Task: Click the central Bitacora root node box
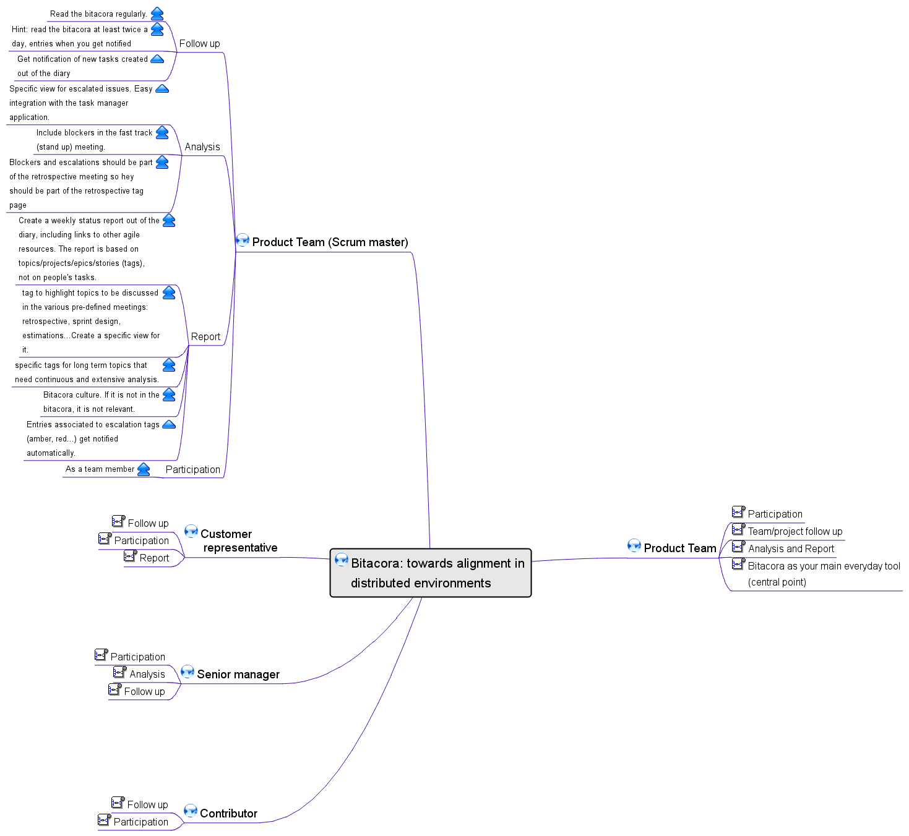point(431,573)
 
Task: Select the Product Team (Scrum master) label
point(330,242)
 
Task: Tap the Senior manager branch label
point(238,674)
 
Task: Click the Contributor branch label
point(228,813)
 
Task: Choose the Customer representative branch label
point(239,540)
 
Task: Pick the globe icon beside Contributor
point(191,811)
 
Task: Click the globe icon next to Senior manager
point(187,672)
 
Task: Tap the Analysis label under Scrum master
point(202,147)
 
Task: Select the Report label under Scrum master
point(205,336)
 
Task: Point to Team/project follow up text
point(795,531)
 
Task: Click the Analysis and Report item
point(791,548)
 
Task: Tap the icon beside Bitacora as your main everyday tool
point(738,563)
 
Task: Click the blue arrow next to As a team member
point(144,469)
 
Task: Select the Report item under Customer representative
point(154,558)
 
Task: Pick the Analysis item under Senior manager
point(147,674)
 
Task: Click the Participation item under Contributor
point(140,822)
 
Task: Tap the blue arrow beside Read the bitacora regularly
point(157,14)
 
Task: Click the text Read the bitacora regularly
point(98,14)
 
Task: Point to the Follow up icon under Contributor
point(118,803)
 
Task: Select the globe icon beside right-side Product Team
point(634,545)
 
